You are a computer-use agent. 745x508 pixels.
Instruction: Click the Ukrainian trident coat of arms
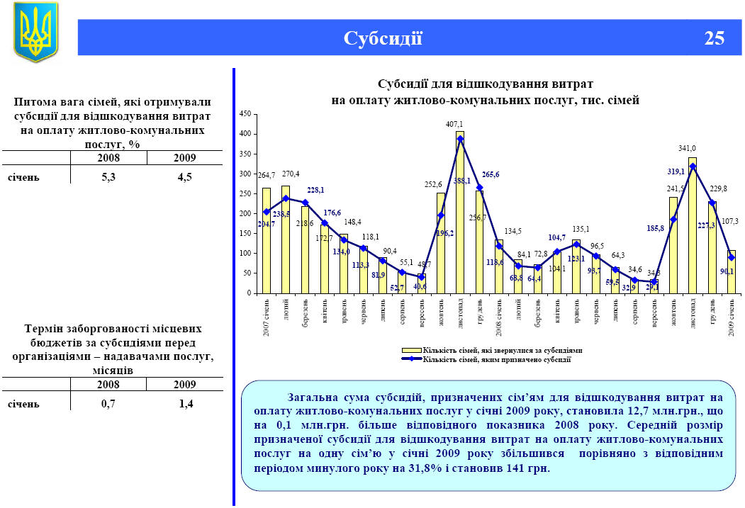35,32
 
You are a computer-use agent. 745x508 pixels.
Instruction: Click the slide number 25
714,38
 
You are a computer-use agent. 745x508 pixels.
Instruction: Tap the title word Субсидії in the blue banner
383,38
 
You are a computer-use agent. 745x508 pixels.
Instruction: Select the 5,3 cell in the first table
108,177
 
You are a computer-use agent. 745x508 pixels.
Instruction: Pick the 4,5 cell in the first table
185,177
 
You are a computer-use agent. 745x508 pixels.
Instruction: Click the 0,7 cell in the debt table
108,404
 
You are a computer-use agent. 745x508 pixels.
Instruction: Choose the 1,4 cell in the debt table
186,404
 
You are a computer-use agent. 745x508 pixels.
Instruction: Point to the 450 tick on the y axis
245,114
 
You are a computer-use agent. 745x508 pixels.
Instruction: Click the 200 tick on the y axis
245,213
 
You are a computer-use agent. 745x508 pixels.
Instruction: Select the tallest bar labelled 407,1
460,213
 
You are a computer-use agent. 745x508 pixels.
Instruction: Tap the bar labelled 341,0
693,227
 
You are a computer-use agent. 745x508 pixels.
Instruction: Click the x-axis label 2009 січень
732,317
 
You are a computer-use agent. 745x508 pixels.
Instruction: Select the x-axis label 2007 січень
267,317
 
